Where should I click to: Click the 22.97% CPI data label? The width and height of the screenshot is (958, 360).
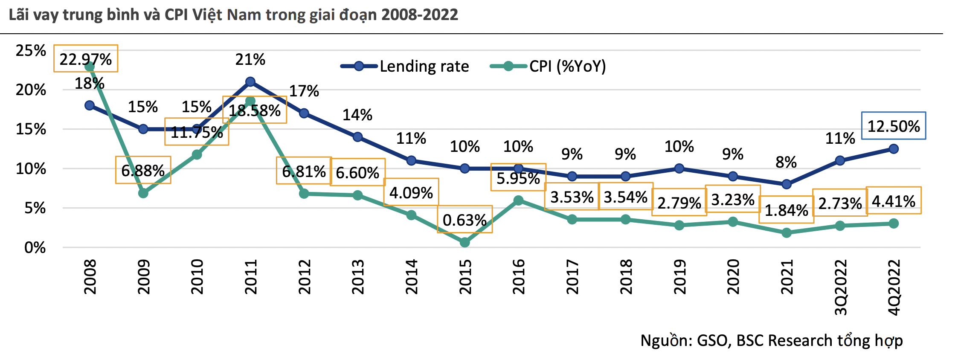tap(86, 59)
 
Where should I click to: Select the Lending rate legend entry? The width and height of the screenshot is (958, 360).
tap(424, 67)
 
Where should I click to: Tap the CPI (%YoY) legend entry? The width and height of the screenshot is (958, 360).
tap(567, 67)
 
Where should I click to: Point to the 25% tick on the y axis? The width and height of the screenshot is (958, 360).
tap(31, 51)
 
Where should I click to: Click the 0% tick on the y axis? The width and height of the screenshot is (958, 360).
tap(35, 248)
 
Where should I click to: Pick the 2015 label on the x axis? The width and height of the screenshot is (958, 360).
tap(465, 277)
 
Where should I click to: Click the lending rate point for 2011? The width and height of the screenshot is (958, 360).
tap(250, 82)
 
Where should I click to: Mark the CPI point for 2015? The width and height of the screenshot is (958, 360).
tap(465, 242)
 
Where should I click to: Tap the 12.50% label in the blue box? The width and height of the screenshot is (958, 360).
tap(894, 126)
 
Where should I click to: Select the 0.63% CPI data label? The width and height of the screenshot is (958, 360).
tap(465, 220)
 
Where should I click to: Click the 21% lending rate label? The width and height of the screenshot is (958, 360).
tap(250, 60)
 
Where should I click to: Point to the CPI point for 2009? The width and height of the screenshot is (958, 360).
tap(143, 193)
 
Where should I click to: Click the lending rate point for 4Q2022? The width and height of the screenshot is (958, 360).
tap(894, 149)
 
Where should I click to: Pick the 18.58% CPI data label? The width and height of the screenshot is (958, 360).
tap(255, 111)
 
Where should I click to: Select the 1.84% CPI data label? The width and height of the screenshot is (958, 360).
tap(786, 210)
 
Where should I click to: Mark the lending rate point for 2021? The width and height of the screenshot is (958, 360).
tap(787, 184)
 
